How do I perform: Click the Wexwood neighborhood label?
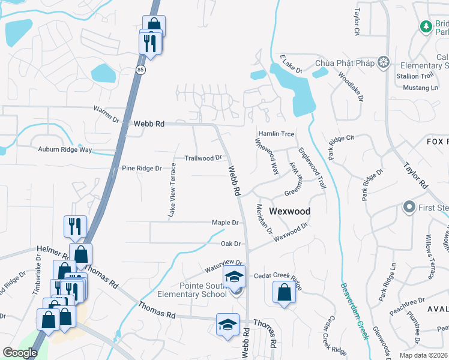[x=289, y=211]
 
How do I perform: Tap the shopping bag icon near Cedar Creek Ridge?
[x=285, y=293]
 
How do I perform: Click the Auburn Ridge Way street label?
[x=65, y=149]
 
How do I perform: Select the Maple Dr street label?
[x=225, y=223]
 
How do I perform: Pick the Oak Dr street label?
[x=231, y=244]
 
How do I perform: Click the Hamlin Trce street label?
[x=276, y=134]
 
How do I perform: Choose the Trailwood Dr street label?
[x=203, y=158]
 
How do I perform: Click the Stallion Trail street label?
[x=414, y=76]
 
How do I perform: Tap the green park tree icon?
[x=426, y=26]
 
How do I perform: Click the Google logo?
[x=20, y=353]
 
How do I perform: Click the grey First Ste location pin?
[x=409, y=208]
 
